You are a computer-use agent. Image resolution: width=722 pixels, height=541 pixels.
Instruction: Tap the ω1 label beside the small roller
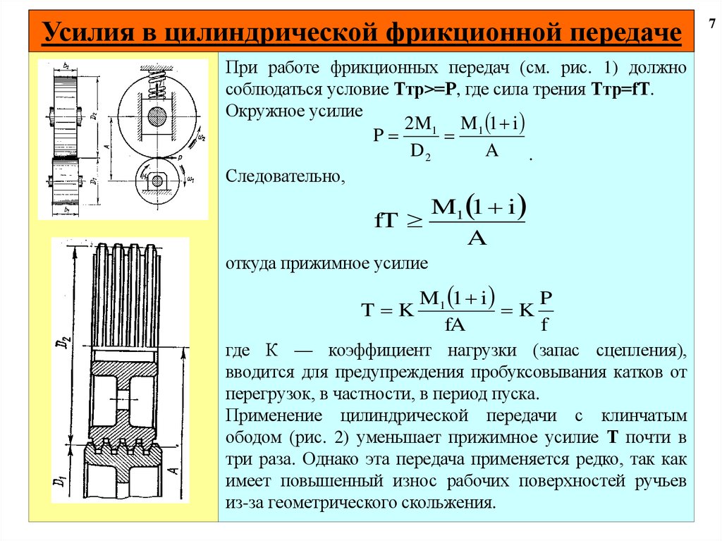point(191,181)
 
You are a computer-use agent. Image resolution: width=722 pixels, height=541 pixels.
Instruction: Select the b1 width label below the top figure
point(66,210)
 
